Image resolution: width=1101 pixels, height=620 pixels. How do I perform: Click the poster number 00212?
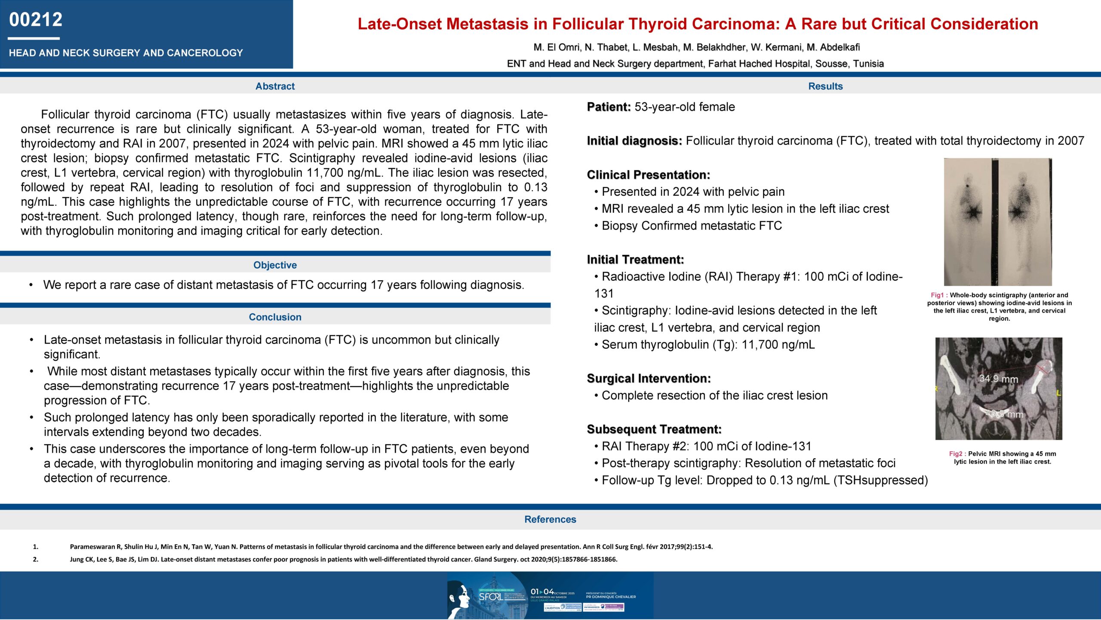point(36,20)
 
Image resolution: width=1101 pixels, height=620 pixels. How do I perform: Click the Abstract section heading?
point(275,86)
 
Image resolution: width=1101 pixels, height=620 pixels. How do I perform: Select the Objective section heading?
point(275,265)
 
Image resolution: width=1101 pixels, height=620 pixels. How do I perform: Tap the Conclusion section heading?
point(275,317)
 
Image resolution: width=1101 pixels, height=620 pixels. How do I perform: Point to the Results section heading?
point(825,86)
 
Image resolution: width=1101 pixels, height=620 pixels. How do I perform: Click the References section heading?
point(550,520)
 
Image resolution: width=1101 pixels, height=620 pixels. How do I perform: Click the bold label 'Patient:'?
point(609,107)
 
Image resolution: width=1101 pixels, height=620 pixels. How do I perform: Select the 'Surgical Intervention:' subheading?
point(649,378)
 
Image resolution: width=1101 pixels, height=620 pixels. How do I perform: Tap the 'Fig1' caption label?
point(937,295)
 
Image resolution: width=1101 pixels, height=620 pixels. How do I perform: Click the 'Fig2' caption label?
point(955,454)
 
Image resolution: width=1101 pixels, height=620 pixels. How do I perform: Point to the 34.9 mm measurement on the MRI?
point(998,379)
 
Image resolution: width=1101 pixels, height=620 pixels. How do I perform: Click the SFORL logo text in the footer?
point(490,597)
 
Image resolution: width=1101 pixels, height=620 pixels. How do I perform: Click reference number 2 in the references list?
point(36,560)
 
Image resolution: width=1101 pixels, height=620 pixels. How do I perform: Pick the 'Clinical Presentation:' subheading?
point(649,175)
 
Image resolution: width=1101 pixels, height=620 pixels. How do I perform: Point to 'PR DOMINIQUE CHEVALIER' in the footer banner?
point(611,597)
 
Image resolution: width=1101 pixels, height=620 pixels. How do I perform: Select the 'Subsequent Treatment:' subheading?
point(654,429)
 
